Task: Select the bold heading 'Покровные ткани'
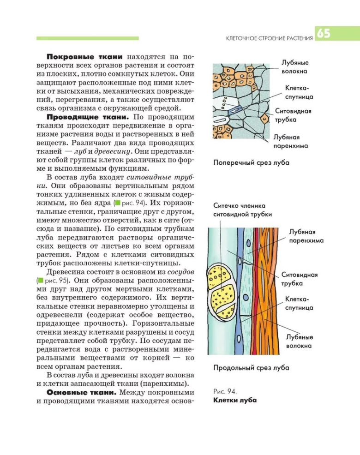[x=84, y=57]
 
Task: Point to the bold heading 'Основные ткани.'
[x=82, y=392]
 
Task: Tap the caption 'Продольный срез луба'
[x=251, y=368]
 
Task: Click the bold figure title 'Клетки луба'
[x=235, y=400]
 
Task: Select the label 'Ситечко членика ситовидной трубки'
[x=242, y=210]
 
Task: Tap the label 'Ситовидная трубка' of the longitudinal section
[x=300, y=279]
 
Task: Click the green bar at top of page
[x=88, y=38]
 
